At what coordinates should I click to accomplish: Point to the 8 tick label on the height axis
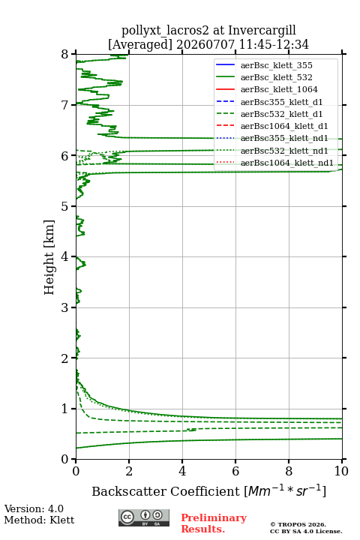[65, 54]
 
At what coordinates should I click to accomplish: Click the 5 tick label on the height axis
[65, 206]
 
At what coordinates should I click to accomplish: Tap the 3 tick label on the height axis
[65, 307]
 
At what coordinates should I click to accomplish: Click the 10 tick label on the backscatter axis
[341, 471]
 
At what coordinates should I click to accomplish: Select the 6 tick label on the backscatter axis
[235, 471]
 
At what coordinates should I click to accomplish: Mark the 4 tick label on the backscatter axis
[182, 471]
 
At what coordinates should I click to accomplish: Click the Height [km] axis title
[49, 257]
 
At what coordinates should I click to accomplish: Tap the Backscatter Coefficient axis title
[208, 491]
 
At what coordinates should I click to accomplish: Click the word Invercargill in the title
[262, 31]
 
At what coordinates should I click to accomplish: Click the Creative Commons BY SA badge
[144, 517]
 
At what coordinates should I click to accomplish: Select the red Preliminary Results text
[214, 523]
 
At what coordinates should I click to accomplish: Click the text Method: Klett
[39, 520]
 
